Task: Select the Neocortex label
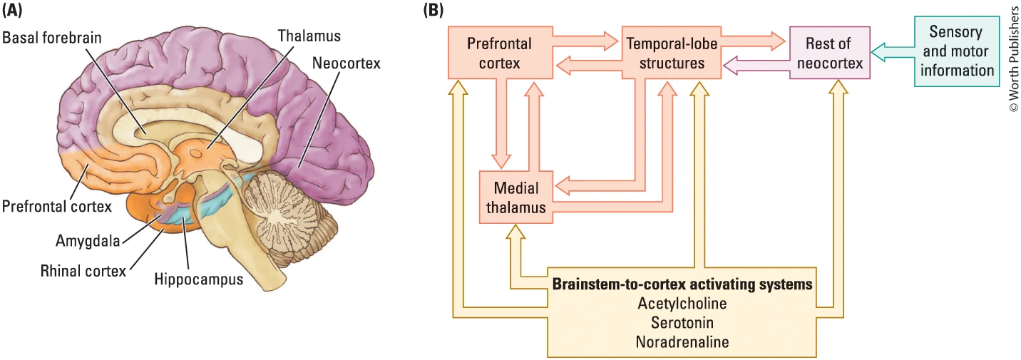pyautogui.click(x=346, y=63)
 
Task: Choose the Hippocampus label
pyautogui.click(x=198, y=279)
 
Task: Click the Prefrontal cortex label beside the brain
pyautogui.click(x=56, y=207)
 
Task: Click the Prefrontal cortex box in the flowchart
pyautogui.click(x=501, y=53)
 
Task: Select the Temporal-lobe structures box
pyautogui.click(x=671, y=53)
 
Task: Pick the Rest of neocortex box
pyautogui.click(x=830, y=53)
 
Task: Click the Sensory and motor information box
pyautogui.click(x=956, y=51)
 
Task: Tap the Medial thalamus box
pyautogui.click(x=515, y=197)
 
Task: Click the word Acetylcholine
pyautogui.click(x=682, y=304)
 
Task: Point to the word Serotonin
pyautogui.click(x=682, y=323)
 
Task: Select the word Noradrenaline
pyautogui.click(x=682, y=342)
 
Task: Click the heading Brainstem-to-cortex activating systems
pyautogui.click(x=682, y=284)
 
